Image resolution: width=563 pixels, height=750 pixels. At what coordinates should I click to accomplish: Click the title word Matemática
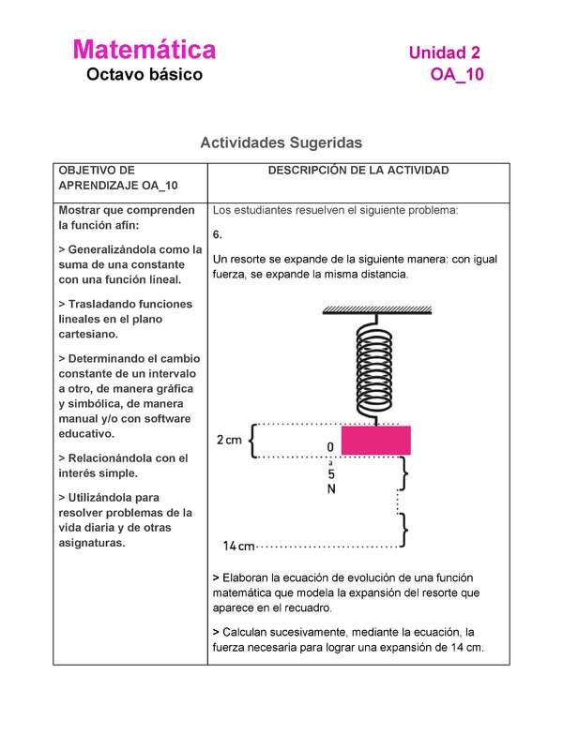coord(145,50)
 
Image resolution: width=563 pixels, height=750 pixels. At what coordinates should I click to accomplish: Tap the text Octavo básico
coord(145,75)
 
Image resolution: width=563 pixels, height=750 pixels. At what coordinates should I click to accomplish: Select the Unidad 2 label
coord(445,54)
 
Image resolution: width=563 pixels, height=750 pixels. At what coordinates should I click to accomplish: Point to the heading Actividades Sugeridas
coord(281,143)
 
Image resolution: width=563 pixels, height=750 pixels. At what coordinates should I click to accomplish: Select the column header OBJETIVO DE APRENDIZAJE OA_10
coord(118,178)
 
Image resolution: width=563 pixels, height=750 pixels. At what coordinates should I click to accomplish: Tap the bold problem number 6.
coord(217,234)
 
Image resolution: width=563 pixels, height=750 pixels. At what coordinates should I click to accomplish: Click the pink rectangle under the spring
coord(375,441)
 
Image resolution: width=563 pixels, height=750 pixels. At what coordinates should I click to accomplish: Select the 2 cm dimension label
coord(229,440)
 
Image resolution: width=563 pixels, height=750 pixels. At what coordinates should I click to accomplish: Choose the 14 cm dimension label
coord(239,546)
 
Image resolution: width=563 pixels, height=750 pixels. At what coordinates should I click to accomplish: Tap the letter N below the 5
coord(331,488)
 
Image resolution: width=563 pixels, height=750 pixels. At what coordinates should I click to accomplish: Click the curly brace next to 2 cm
coord(252,440)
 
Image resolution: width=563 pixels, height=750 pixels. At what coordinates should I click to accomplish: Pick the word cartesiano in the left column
coord(88,334)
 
